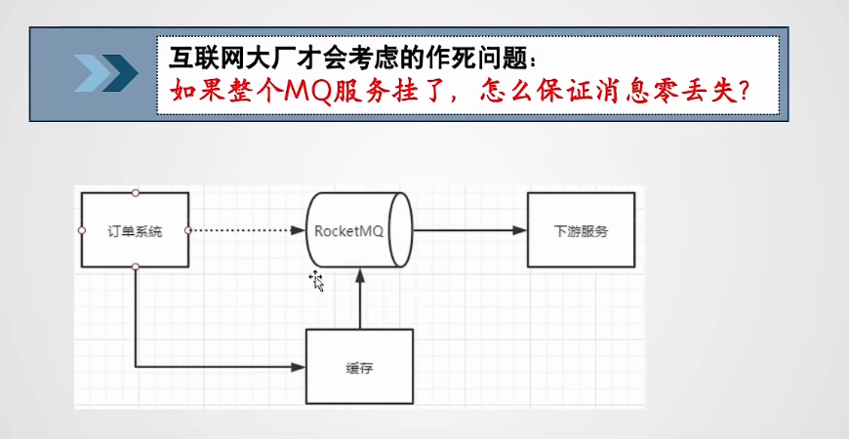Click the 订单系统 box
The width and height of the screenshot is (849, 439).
click(135, 230)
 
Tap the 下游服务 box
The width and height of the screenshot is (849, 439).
click(581, 230)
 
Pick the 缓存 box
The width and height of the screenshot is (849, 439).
click(360, 367)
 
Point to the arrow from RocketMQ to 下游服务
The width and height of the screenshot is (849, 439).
click(468, 230)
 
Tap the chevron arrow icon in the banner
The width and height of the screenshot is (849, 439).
click(106, 73)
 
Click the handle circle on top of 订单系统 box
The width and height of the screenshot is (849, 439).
click(135, 192)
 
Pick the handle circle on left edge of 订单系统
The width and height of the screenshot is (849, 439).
click(82, 230)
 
